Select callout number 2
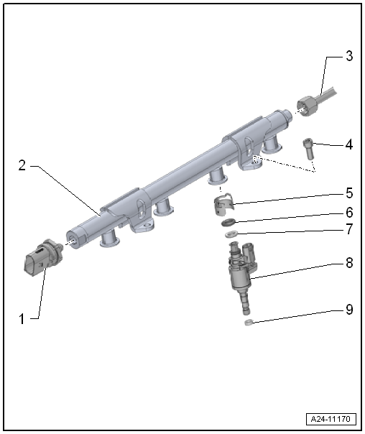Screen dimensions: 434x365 pyautogui.click(x=22, y=165)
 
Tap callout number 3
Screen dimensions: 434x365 pyautogui.click(x=349, y=55)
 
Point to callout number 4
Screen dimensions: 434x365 pyautogui.click(x=349, y=144)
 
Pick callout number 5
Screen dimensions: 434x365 pyautogui.click(x=349, y=193)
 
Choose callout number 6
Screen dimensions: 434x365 pyautogui.click(x=349, y=213)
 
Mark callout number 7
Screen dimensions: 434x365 pyautogui.click(x=349, y=230)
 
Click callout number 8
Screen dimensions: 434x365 pyautogui.click(x=349, y=264)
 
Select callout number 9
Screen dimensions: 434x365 pyautogui.click(x=349, y=310)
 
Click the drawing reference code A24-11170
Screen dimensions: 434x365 pyautogui.click(x=332, y=418)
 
